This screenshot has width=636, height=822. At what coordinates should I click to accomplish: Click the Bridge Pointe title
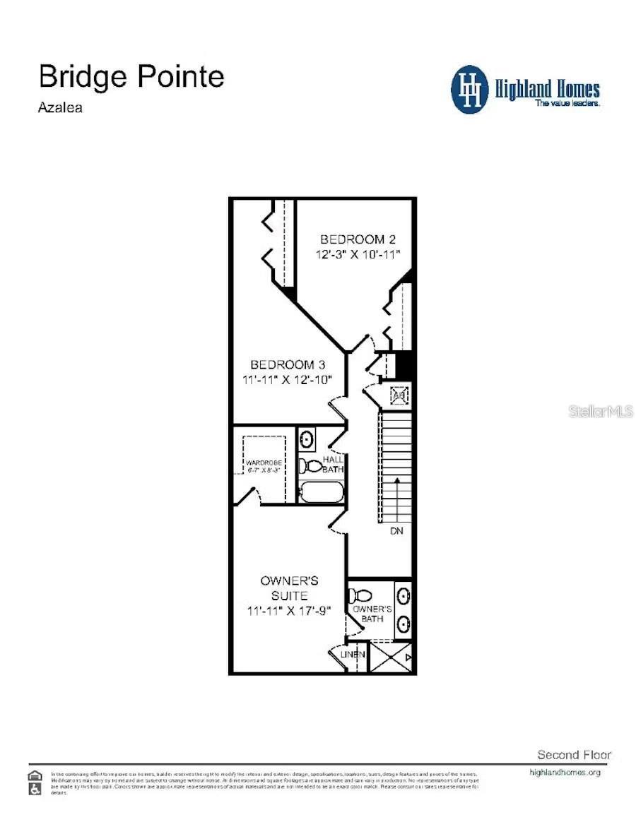pos(131,76)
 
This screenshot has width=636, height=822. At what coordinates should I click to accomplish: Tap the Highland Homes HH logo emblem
pos(470,90)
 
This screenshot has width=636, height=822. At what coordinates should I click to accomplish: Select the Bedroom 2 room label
pos(353,239)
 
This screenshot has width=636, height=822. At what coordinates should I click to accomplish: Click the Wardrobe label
pos(264,463)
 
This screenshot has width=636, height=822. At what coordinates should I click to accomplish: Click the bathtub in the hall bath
pos(321,492)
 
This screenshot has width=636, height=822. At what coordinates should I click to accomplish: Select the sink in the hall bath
pos(307,439)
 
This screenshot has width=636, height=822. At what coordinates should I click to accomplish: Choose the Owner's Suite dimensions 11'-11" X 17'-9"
pos(290,611)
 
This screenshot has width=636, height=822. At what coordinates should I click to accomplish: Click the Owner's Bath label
pos(372,613)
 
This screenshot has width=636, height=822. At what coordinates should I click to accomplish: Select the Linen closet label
pos(353,655)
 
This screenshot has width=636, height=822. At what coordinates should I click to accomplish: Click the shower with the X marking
pos(391,657)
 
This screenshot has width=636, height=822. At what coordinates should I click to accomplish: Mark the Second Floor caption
pos(574,755)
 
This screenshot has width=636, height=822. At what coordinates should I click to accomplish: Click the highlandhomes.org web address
pos(565,772)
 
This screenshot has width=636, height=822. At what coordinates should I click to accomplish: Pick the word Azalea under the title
pos(61,108)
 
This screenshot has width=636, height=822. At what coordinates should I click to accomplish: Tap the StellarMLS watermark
pos(601,411)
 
